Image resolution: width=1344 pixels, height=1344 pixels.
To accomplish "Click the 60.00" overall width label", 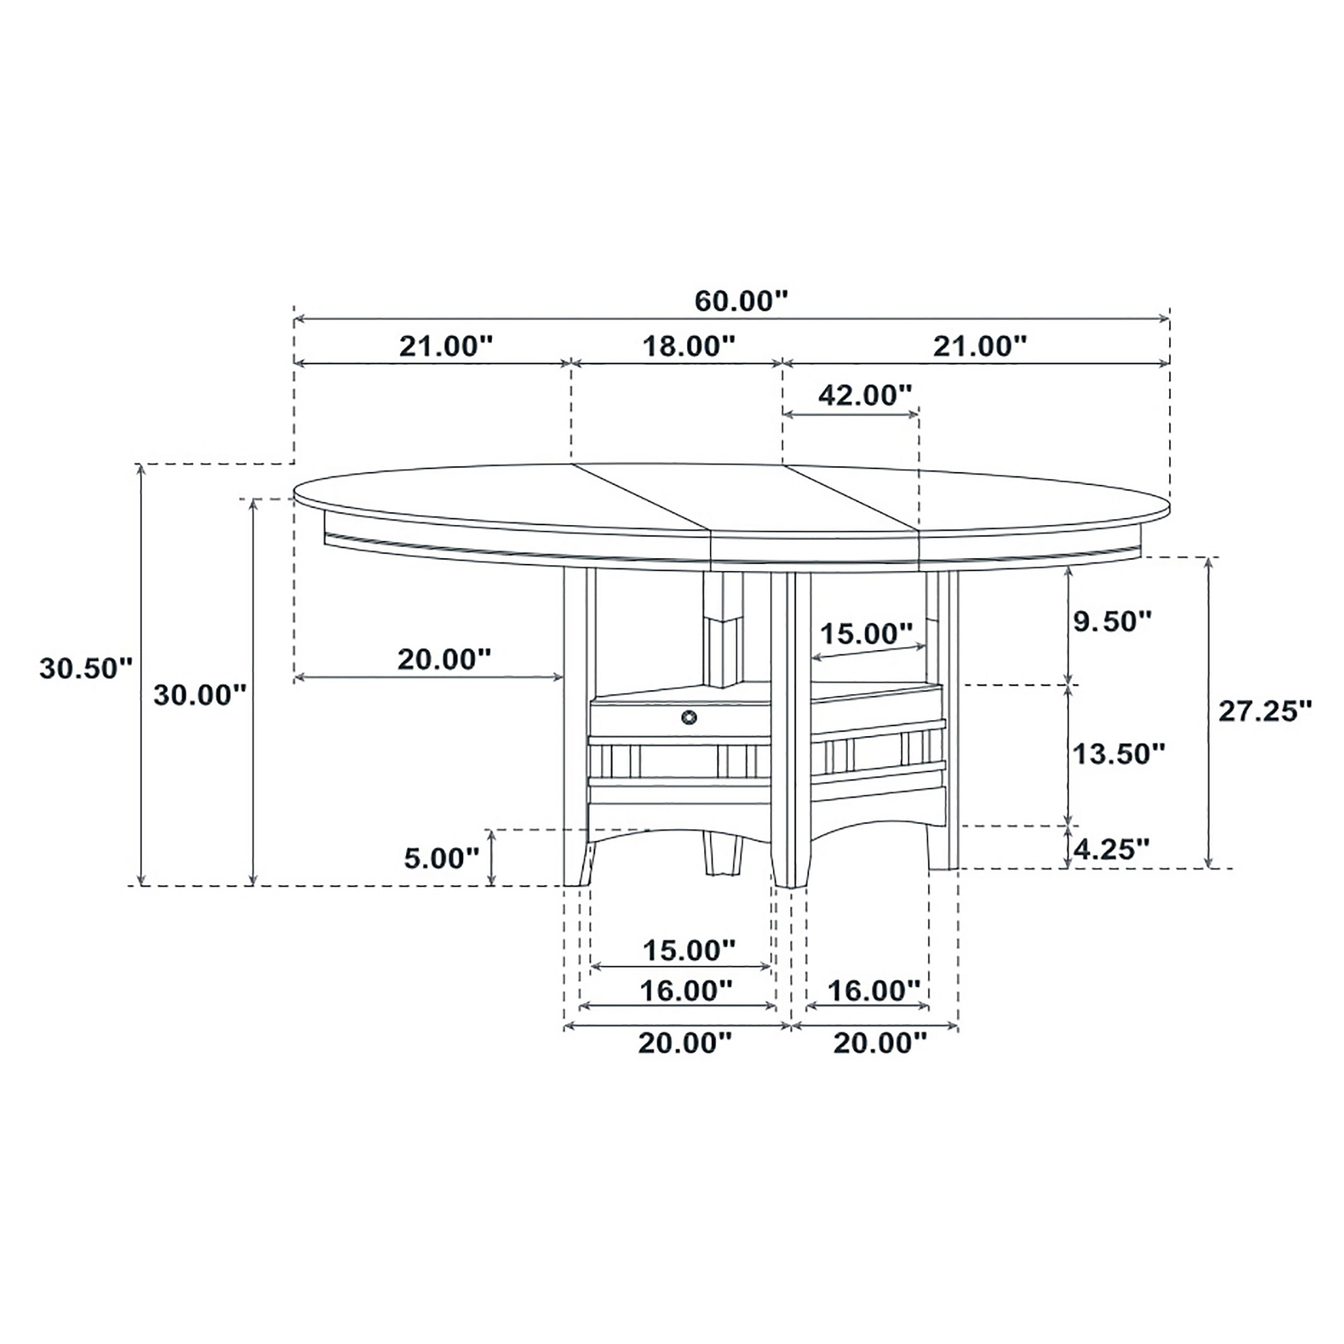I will point(741,301).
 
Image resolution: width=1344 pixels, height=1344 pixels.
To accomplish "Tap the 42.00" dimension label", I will point(864,395).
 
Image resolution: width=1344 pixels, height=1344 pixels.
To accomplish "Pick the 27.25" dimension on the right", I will point(1264,711).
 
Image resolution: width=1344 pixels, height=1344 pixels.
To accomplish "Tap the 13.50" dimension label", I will point(1118,753).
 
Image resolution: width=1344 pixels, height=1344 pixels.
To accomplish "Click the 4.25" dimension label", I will point(1111,849).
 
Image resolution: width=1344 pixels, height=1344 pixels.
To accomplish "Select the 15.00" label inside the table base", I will point(866,634).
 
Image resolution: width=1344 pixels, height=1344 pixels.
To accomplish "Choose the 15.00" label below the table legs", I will point(688,949).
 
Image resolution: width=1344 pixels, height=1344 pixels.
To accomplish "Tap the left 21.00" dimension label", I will point(446,346).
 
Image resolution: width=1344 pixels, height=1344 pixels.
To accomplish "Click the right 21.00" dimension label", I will point(980,346).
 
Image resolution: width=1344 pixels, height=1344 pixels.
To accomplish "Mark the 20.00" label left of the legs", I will point(444,659).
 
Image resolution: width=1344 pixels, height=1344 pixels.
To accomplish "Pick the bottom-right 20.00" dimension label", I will point(880,1043).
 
